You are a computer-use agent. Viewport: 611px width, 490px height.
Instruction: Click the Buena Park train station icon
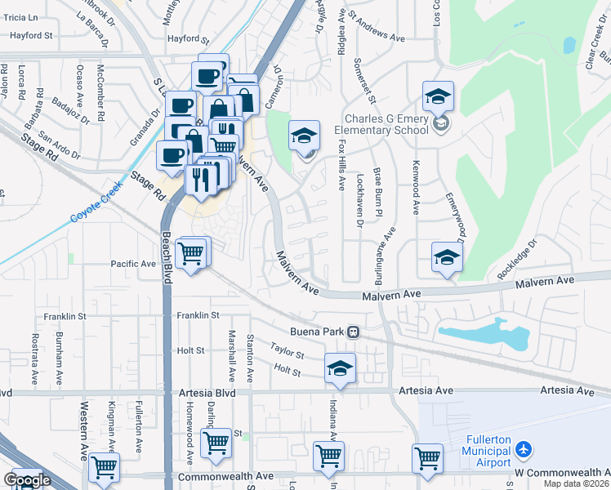point(353,332)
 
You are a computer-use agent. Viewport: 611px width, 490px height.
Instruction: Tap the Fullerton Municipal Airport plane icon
point(524,450)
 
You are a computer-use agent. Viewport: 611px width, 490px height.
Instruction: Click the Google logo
point(26,480)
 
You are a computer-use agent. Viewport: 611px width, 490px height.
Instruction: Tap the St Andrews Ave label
point(377,38)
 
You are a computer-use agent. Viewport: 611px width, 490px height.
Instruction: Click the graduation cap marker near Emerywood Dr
point(447,257)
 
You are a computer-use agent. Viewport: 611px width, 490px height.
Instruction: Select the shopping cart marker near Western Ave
point(105,467)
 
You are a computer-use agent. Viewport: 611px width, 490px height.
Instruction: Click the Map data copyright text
point(575,483)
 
